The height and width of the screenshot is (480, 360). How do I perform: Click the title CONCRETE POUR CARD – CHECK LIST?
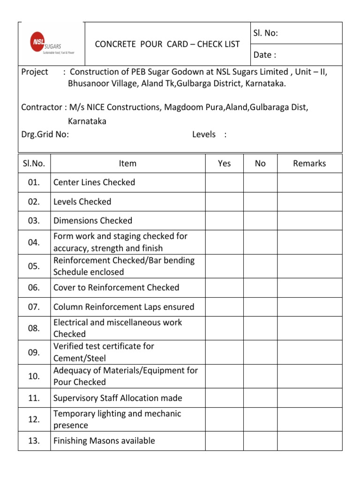(x=167, y=44)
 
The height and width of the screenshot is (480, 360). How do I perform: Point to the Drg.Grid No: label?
(x=45, y=135)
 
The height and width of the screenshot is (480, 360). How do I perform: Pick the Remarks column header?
(x=309, y=163)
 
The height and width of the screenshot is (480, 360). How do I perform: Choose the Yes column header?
(x=225, y=163)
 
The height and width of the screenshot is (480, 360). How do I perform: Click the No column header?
(x=260, y=163)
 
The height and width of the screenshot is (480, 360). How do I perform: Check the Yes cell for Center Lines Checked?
(x=225, y=182)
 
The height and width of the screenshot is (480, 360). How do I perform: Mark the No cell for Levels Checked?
(x=260, y=202)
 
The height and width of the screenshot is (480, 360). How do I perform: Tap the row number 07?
(x=34, y=307)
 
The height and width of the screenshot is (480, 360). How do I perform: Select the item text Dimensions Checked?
(x=93, y=220)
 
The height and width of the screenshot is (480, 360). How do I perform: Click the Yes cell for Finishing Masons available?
(x=225, y=441)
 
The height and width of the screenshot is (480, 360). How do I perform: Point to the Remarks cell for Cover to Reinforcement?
(x=309, y=287)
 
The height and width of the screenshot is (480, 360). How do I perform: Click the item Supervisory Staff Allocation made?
(x=118, y=398)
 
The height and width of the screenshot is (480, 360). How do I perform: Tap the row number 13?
(x=34, y=441)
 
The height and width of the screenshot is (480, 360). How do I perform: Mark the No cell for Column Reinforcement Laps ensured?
(x=260, y=307)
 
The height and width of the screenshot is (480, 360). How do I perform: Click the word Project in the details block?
(x=35, y=72)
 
